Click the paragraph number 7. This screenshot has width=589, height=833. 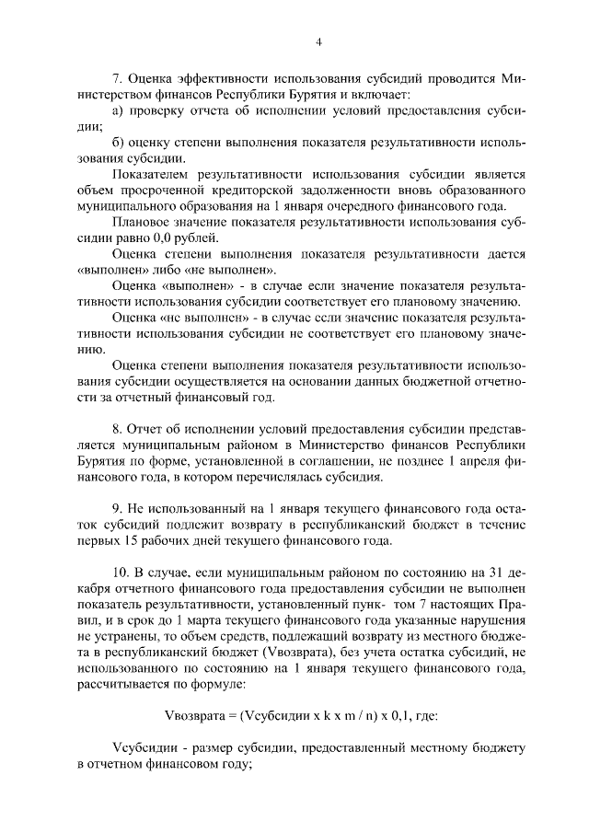tap(117, 80)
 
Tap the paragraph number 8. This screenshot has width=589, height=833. tap(117, 430)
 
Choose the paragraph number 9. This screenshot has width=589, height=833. tap(117, 509)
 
